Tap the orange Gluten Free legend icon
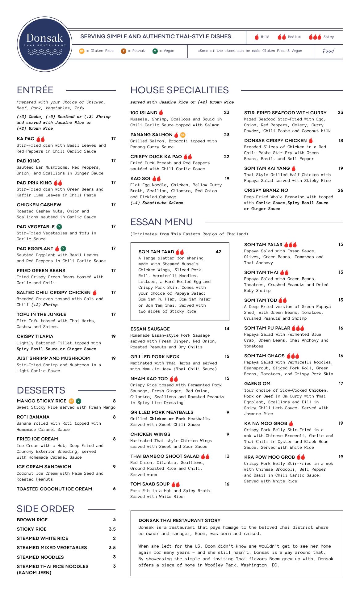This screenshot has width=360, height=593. coord(82,51)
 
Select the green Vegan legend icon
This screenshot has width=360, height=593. coord(155,51)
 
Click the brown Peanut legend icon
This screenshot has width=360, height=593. coord(123,51)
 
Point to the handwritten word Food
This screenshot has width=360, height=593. coord(328,51)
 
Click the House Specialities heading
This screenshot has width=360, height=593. coord(179,90)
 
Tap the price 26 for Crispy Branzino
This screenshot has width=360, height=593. coord(340,190)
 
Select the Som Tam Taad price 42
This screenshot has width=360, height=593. coord(218,252)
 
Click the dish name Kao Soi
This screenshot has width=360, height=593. coord(140,179)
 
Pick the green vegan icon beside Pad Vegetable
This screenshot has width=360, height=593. coord(59,227)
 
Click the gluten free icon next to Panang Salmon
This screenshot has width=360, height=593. coord(183,135)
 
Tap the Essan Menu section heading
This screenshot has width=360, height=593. coord(161,222)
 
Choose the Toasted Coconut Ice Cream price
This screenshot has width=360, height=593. coord(114,489)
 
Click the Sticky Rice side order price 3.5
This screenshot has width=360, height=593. coord(112,529)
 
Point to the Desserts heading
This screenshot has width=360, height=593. coord(41,390)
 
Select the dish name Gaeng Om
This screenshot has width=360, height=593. coord(257,384)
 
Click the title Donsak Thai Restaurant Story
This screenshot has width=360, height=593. coord(179,520)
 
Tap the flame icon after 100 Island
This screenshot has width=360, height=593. coord(161,113)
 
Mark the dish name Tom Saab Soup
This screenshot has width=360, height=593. coord(150,484)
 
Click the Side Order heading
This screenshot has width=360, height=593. coord(45,509)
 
